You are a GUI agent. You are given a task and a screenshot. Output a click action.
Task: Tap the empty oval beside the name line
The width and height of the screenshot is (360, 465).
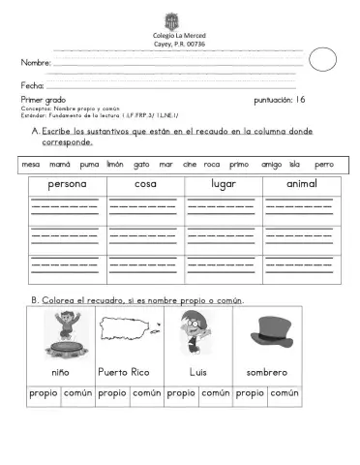coord(322,61)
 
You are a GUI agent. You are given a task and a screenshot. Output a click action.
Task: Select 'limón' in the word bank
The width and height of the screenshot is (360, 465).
coord(114,165)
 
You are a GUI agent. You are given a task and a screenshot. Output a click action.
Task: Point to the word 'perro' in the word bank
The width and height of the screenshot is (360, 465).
coord(323,165)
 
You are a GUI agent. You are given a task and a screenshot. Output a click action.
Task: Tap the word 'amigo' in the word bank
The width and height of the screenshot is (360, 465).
coord(271,165)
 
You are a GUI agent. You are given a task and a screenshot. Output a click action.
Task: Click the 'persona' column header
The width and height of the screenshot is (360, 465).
coord(65,184)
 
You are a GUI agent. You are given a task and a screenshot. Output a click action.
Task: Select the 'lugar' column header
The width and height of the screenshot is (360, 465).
coord(224,184)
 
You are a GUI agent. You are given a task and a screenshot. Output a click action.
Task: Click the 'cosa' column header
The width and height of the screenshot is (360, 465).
coord(145,184)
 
